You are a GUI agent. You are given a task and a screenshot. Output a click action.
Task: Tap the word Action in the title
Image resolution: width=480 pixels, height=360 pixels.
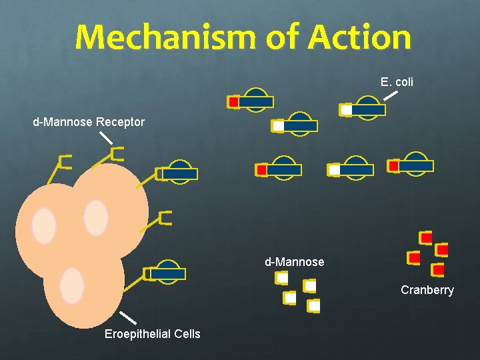point(359,37)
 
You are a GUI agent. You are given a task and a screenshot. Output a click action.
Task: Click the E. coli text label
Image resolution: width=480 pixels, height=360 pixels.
point(397,82)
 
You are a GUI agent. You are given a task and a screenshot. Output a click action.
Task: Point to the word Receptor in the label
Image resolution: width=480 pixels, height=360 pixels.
point(120,122)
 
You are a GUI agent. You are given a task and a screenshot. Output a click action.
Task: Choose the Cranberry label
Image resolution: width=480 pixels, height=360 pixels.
point(427,290)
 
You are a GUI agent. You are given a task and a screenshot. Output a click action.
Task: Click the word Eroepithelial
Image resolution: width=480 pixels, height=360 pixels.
point(136,333)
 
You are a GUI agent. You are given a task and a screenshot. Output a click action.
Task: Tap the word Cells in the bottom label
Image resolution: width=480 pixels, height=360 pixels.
point(186,333)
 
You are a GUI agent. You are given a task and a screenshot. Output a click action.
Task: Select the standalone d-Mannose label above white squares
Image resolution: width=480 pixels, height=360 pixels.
point(294,262)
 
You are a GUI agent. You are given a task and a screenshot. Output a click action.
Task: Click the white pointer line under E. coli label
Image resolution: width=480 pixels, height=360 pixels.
point(391,95)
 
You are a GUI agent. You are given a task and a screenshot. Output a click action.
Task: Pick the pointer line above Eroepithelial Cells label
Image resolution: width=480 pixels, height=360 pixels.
point(128,317)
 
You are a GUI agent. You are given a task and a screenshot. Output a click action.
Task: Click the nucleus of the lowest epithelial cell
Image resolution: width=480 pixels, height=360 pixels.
point(71,286)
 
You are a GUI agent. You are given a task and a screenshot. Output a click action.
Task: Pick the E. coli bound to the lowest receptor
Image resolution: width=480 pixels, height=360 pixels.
point(167,273)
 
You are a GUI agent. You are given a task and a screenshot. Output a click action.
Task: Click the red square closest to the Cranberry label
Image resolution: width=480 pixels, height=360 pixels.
point(437,270)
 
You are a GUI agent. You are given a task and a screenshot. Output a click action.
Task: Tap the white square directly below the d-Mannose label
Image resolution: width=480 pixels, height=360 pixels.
point(283,278)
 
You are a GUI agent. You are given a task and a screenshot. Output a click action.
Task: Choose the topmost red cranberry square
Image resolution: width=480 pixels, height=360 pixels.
point(425,237)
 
